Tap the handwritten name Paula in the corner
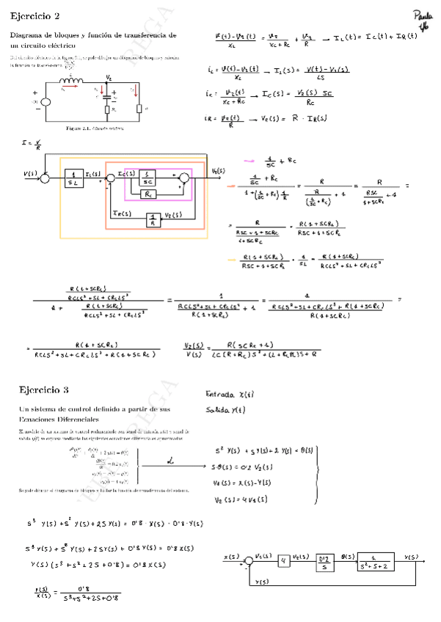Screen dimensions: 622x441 pyautogui.click(x=423, y=17)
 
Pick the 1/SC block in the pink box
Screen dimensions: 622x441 pyautogui.click(x=147, y=177)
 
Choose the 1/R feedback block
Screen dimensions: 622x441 pyautogui.click(x=153, y=218)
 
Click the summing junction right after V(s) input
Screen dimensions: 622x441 pyautogui.click(x=45, y=177)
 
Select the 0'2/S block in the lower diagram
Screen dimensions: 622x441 pyautogui.click(x=324, y=563)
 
